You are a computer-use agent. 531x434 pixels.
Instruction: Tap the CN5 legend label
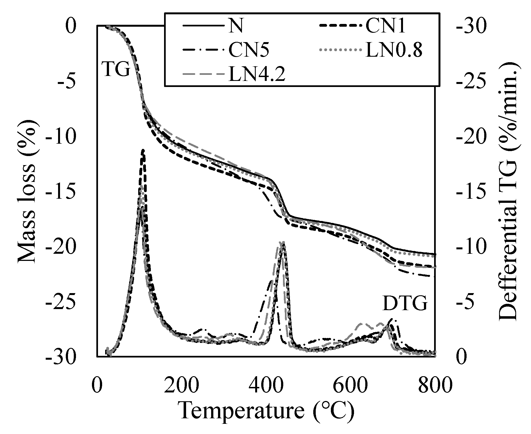[249, 50]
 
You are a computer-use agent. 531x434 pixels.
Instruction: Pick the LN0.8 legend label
[394, 50]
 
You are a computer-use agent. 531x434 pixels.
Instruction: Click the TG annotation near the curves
[116, 69]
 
